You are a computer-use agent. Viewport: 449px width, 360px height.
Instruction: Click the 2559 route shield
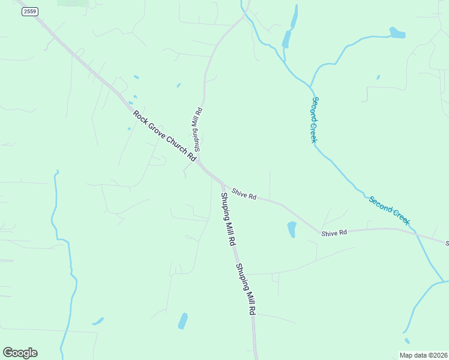(x=29, y=11)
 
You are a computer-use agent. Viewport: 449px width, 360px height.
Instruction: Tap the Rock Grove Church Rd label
(x=164, y=136)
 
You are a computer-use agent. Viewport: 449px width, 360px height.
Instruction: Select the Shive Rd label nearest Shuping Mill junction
(x=244, y=193)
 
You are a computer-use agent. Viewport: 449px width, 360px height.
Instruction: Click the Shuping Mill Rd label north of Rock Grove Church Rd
(x=197, y=129)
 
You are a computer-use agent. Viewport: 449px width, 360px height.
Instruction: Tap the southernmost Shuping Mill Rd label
(x=246, y=290)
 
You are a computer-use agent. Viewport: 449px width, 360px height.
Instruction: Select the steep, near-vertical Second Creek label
(x=313, y=119)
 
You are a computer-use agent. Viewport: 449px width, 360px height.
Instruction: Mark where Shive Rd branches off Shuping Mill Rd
(x=223, y=183)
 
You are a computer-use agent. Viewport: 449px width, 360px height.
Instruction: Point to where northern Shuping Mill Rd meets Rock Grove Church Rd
(x=198, y=160)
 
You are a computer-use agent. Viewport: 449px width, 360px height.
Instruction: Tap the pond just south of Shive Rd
(x=292, y=229)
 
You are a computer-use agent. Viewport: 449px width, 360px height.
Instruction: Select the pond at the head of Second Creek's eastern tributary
(x=397, y=32)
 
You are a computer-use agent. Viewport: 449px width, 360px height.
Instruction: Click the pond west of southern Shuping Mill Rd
(x=182, y=321)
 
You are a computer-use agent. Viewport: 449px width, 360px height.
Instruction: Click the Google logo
(x=20, y=353)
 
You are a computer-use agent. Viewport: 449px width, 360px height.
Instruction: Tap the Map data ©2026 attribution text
(x=423, y=355)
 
